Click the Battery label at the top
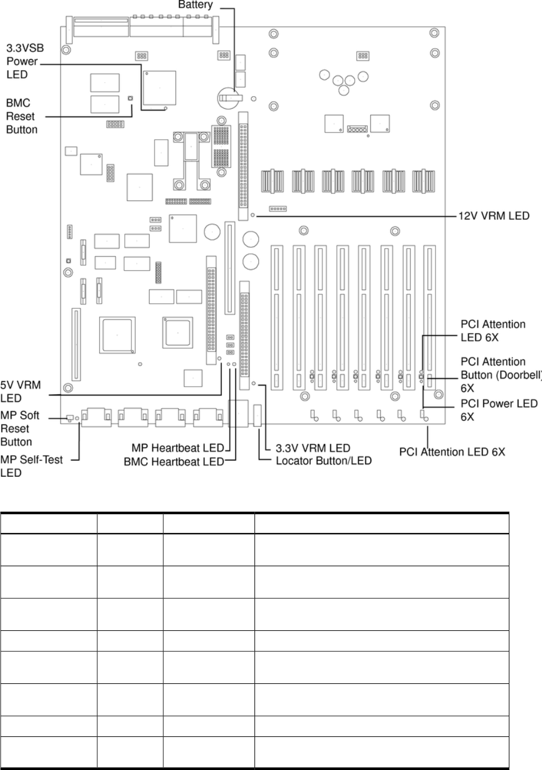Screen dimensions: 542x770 195,5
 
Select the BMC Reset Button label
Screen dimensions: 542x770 22,116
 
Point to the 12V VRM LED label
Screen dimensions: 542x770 493,215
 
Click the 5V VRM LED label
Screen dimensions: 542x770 20,391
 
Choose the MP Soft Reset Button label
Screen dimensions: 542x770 19,429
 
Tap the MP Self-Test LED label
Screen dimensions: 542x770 31,466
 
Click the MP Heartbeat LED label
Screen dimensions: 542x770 177,448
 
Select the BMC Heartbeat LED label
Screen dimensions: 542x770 173,462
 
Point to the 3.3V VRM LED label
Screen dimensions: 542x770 313,448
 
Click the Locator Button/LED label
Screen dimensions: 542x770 323,461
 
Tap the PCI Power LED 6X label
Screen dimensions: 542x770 499,409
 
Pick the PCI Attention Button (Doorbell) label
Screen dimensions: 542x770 500,375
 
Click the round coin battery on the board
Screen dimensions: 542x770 229,97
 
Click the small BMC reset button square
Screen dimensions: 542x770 130,98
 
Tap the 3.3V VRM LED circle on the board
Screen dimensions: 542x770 254,383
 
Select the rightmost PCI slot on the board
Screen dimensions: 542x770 429,317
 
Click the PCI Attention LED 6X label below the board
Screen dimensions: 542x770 452,452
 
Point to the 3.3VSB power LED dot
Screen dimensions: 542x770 166,109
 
